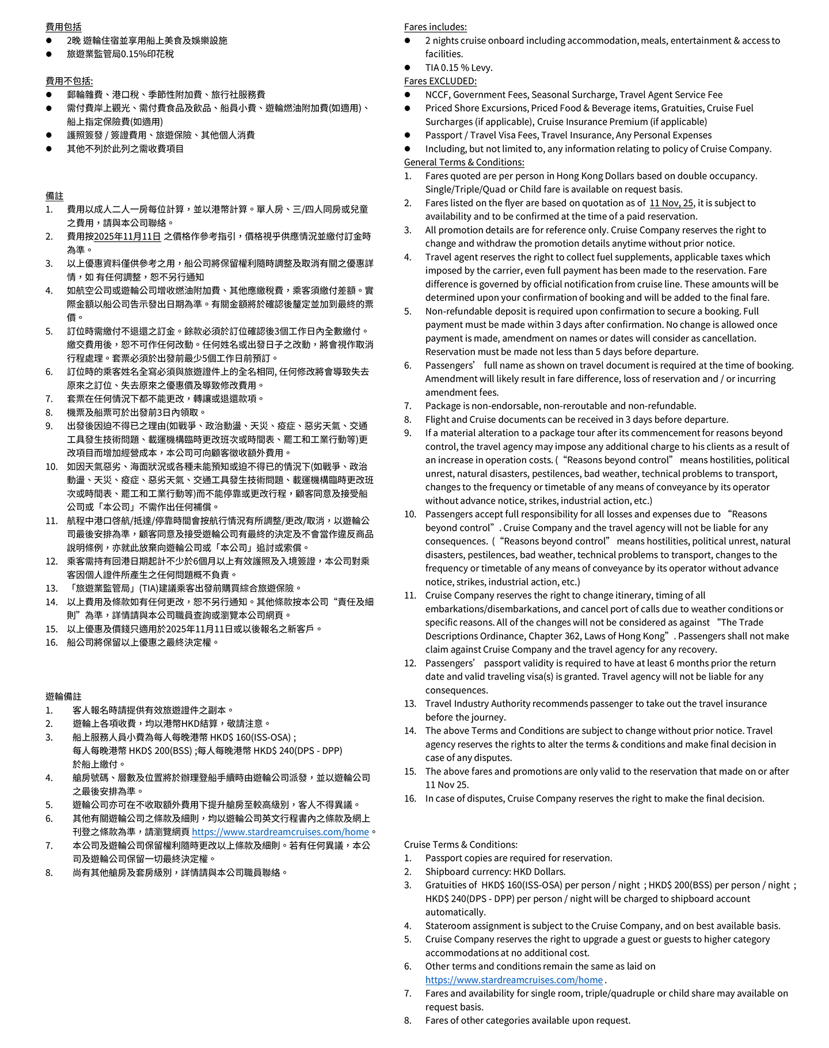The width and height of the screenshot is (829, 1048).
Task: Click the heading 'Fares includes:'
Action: pos(435,27)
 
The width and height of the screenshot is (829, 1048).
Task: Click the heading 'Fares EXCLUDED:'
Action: pos(440,81)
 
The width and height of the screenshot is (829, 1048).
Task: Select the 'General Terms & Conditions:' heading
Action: pos(464,162)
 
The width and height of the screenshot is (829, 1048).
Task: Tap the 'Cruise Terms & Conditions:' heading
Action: pos(461,844)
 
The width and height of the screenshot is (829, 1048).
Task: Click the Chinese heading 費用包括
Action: pos(63,27)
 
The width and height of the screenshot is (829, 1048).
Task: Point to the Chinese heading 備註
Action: pos(55,196)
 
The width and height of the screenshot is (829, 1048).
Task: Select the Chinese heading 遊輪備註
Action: pos(63,696)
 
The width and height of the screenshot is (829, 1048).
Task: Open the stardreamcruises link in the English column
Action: pos(514,980)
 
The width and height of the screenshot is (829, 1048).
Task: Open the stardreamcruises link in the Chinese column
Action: pos(280,832)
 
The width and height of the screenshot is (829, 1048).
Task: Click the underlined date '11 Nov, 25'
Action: pos(671,203)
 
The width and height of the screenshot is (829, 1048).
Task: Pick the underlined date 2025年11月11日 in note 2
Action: pos(127,237)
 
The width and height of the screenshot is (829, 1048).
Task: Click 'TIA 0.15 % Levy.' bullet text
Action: pos(459,67)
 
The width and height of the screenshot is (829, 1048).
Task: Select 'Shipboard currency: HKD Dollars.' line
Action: pos(495,871)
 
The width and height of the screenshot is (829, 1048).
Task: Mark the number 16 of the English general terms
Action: pos(410,798)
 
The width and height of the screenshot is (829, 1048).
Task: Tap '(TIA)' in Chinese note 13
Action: pos(153,588)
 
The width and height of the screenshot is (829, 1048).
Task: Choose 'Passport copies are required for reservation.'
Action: pos(519,858)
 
